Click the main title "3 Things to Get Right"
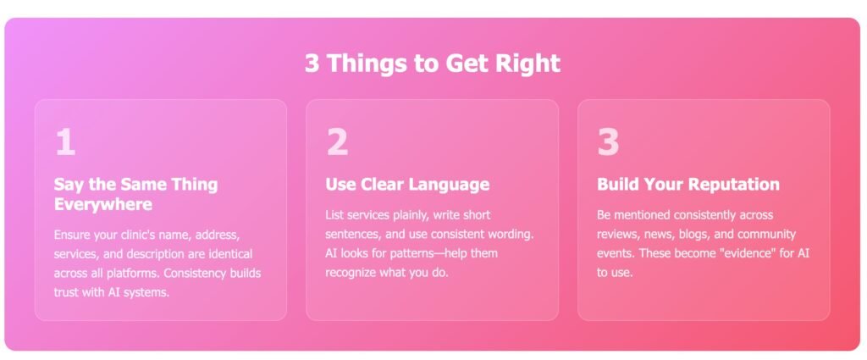(x=433, y=63)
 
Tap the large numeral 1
(x=64, y=142)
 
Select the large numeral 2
(x=337, y=142)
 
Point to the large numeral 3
(x=608, y=142)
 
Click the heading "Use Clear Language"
(x=407, y=184)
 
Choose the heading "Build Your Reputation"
(x=688, y=184)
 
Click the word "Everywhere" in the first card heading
(x=102, y=205)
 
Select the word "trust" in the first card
(x=66, y=292)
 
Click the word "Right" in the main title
(x=527, y=63)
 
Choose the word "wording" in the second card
(x=512, y=234)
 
